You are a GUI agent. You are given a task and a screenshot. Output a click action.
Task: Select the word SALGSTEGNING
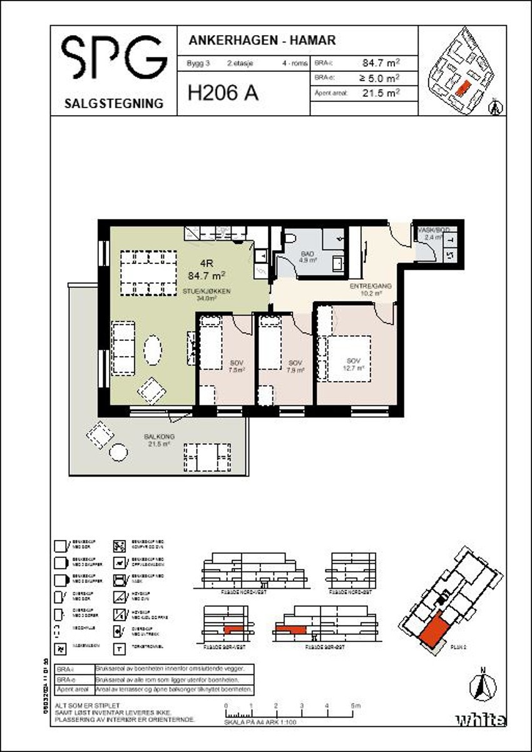tap(114, 104)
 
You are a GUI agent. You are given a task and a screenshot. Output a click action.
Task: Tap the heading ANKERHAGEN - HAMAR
tap(262, 41)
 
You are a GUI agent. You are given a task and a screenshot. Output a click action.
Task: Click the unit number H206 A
tap(223, 93)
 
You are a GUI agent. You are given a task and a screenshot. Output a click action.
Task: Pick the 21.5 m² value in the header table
tap(381, 93)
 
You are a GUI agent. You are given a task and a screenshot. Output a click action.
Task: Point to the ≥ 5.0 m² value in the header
tap(379, 78)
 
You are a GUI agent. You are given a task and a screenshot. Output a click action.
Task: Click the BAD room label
tap(307, 254)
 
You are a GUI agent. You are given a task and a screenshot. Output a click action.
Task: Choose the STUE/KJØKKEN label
tap(207, 290)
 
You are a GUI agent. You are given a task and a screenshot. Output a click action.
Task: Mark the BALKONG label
tap(159, 437)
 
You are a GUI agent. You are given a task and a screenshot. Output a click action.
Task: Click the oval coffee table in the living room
tap(153, 350)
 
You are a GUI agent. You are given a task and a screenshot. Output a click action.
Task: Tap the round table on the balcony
tap(118, 450)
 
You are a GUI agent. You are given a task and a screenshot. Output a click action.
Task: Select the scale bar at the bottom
tap(290, 714)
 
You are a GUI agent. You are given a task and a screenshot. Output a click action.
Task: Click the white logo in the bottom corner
tap(481, 719)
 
